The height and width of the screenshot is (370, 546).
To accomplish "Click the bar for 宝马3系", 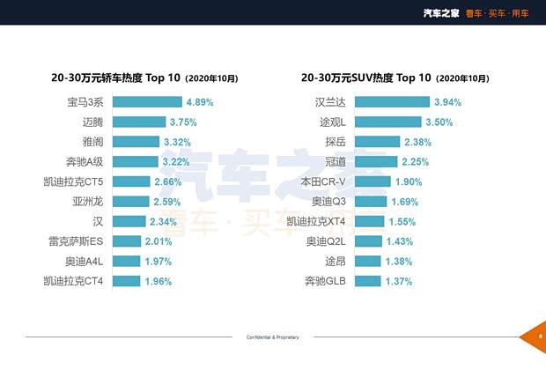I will pos(147,102).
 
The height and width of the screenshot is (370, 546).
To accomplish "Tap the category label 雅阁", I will pos(92,142).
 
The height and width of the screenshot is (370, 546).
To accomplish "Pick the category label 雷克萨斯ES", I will pos(78,241).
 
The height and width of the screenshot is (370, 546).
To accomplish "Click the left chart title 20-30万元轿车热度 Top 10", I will pos(144,78).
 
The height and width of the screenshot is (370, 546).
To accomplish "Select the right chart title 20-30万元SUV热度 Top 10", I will pos(395,78).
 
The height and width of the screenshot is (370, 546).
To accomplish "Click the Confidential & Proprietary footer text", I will pos(272,337).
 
